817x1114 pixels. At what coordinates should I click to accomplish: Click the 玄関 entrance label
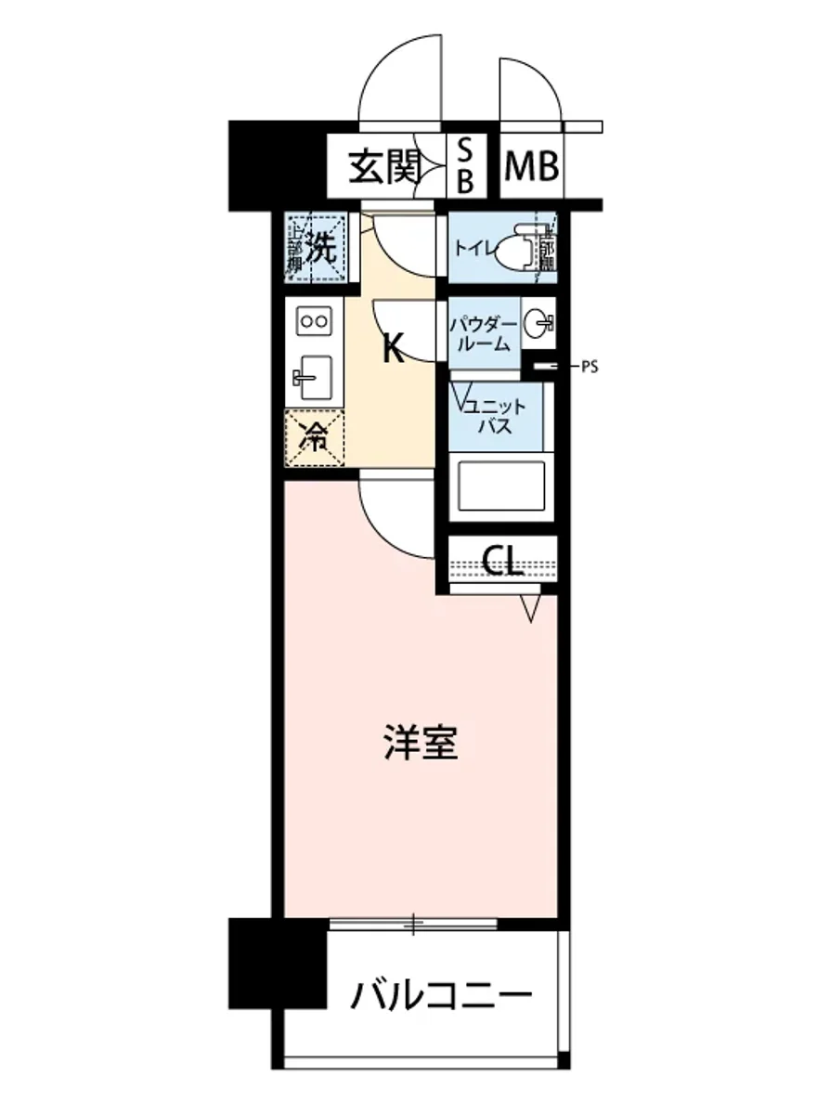(x=384, y=168)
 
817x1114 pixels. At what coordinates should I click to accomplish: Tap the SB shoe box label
(x=465, y=166)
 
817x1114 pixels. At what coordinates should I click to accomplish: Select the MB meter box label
(x=532, y=168)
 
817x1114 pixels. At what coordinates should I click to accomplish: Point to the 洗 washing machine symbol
(x=318, y=247)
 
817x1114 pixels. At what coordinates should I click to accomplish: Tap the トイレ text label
(x=472, y=249)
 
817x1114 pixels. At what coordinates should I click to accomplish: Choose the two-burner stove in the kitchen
(x=312, y=322)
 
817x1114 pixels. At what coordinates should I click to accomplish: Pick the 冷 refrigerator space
(x=316, y=436)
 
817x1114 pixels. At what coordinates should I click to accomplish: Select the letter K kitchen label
(x=394, y=349)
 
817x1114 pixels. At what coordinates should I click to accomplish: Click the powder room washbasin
(x=538, y=324)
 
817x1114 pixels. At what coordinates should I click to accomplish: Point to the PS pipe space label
(x=589, y=367)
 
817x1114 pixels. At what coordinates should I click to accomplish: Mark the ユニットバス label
(x=496, y=416)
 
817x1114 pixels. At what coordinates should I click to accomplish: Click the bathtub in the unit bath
(x=499, y=487)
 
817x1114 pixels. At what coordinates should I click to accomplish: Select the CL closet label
(x=503, y=560)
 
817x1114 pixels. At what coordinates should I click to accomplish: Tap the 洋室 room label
(x=421, y=744)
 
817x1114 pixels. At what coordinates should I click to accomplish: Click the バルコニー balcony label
(x=442, y=998)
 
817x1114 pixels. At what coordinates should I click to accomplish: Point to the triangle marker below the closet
(x=531, y=608)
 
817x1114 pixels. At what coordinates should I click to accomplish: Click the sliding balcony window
(x=414, y=924)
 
